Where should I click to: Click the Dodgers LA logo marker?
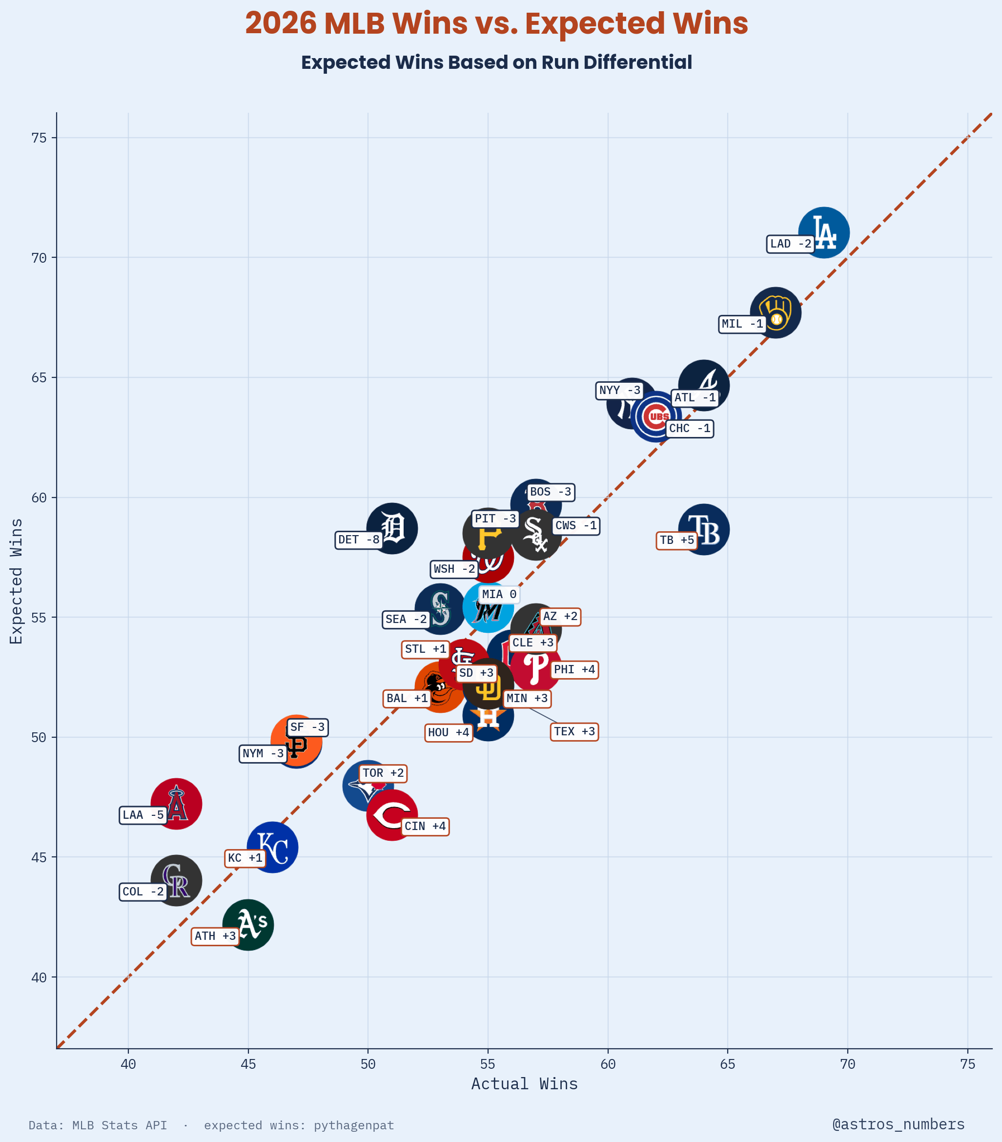click(823, 232)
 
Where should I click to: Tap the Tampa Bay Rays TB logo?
click(704, 529)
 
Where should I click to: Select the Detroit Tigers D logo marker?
click(392, 528)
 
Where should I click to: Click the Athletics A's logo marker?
click(248, 925)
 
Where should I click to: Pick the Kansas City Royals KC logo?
click(272, 847)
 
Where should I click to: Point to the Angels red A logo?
click(176, 804)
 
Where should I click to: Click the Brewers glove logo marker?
click(775, 312)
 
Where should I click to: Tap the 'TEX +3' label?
click(574, 731)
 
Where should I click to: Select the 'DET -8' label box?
click(359, 540)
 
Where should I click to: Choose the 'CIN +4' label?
click(425, 826)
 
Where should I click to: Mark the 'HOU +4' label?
click(449, 732)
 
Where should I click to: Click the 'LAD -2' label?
click(790, 244)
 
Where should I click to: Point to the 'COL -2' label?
click(143, 892)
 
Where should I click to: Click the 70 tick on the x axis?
click(847, 1064)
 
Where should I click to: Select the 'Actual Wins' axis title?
click(525, 1084)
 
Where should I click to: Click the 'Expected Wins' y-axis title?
click(16, 581)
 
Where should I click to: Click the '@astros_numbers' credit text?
click(898, 1124)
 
